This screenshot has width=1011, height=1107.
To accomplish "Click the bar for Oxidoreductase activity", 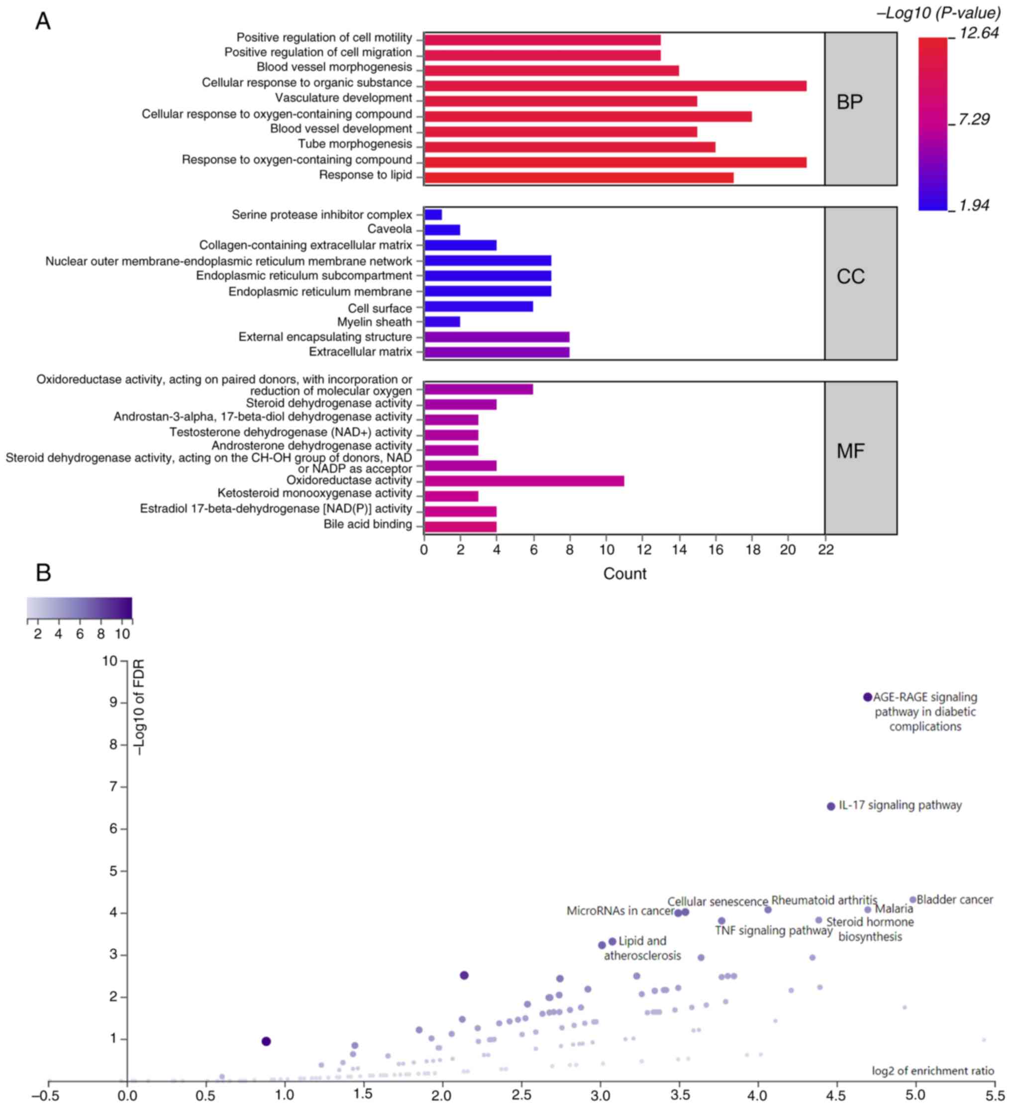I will pyautogui.click(x=523, y=481).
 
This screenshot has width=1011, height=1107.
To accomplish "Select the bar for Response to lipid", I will pyautogui.click(x=578, y=177).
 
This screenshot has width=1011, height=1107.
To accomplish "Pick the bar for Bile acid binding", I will pyautogui.click(x=460, y=526).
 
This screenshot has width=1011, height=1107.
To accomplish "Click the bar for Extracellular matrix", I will pyautogui.click(x=497, y=352).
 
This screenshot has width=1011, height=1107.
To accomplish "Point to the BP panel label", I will pyautogui.click(x=849, y=102).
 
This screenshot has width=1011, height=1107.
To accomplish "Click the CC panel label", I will pyautogui.click(x=850, y=277).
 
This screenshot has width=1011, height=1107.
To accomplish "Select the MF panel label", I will pyautogui.click(x=850, y=451).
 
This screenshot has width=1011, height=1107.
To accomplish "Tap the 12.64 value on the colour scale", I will pyautogui.click(x=979, y=33).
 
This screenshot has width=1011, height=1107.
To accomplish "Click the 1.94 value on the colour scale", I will pyautogui.click(x=974, y=205).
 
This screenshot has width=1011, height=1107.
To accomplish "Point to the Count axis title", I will pyautogui.click(x=624, y=574).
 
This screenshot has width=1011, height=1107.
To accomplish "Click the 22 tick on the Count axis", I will pyautogui.click(x=825, y=550).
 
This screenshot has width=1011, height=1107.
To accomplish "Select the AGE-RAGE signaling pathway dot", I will pyautogui.click(x=867, y=697).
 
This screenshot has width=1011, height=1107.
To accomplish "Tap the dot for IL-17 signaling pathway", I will pyautogui.click(x=830, y=806).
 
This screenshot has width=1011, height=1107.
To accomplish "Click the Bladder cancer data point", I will pyautogui.click(x=912, y=900).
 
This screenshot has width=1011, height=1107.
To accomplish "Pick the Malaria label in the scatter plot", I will pyautogui.click(x=894, y=909).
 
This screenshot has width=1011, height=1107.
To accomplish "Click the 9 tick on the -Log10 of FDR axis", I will pyautogui.click(x=113, y=703).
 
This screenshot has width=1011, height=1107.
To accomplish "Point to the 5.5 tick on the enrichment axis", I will pyautogui.click(x=995, y=1095).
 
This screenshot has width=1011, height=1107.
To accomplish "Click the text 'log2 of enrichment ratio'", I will pyautogui.click(x=932, y=1071).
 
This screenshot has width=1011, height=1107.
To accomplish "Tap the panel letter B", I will pyautogui.click(x=43, y=573).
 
